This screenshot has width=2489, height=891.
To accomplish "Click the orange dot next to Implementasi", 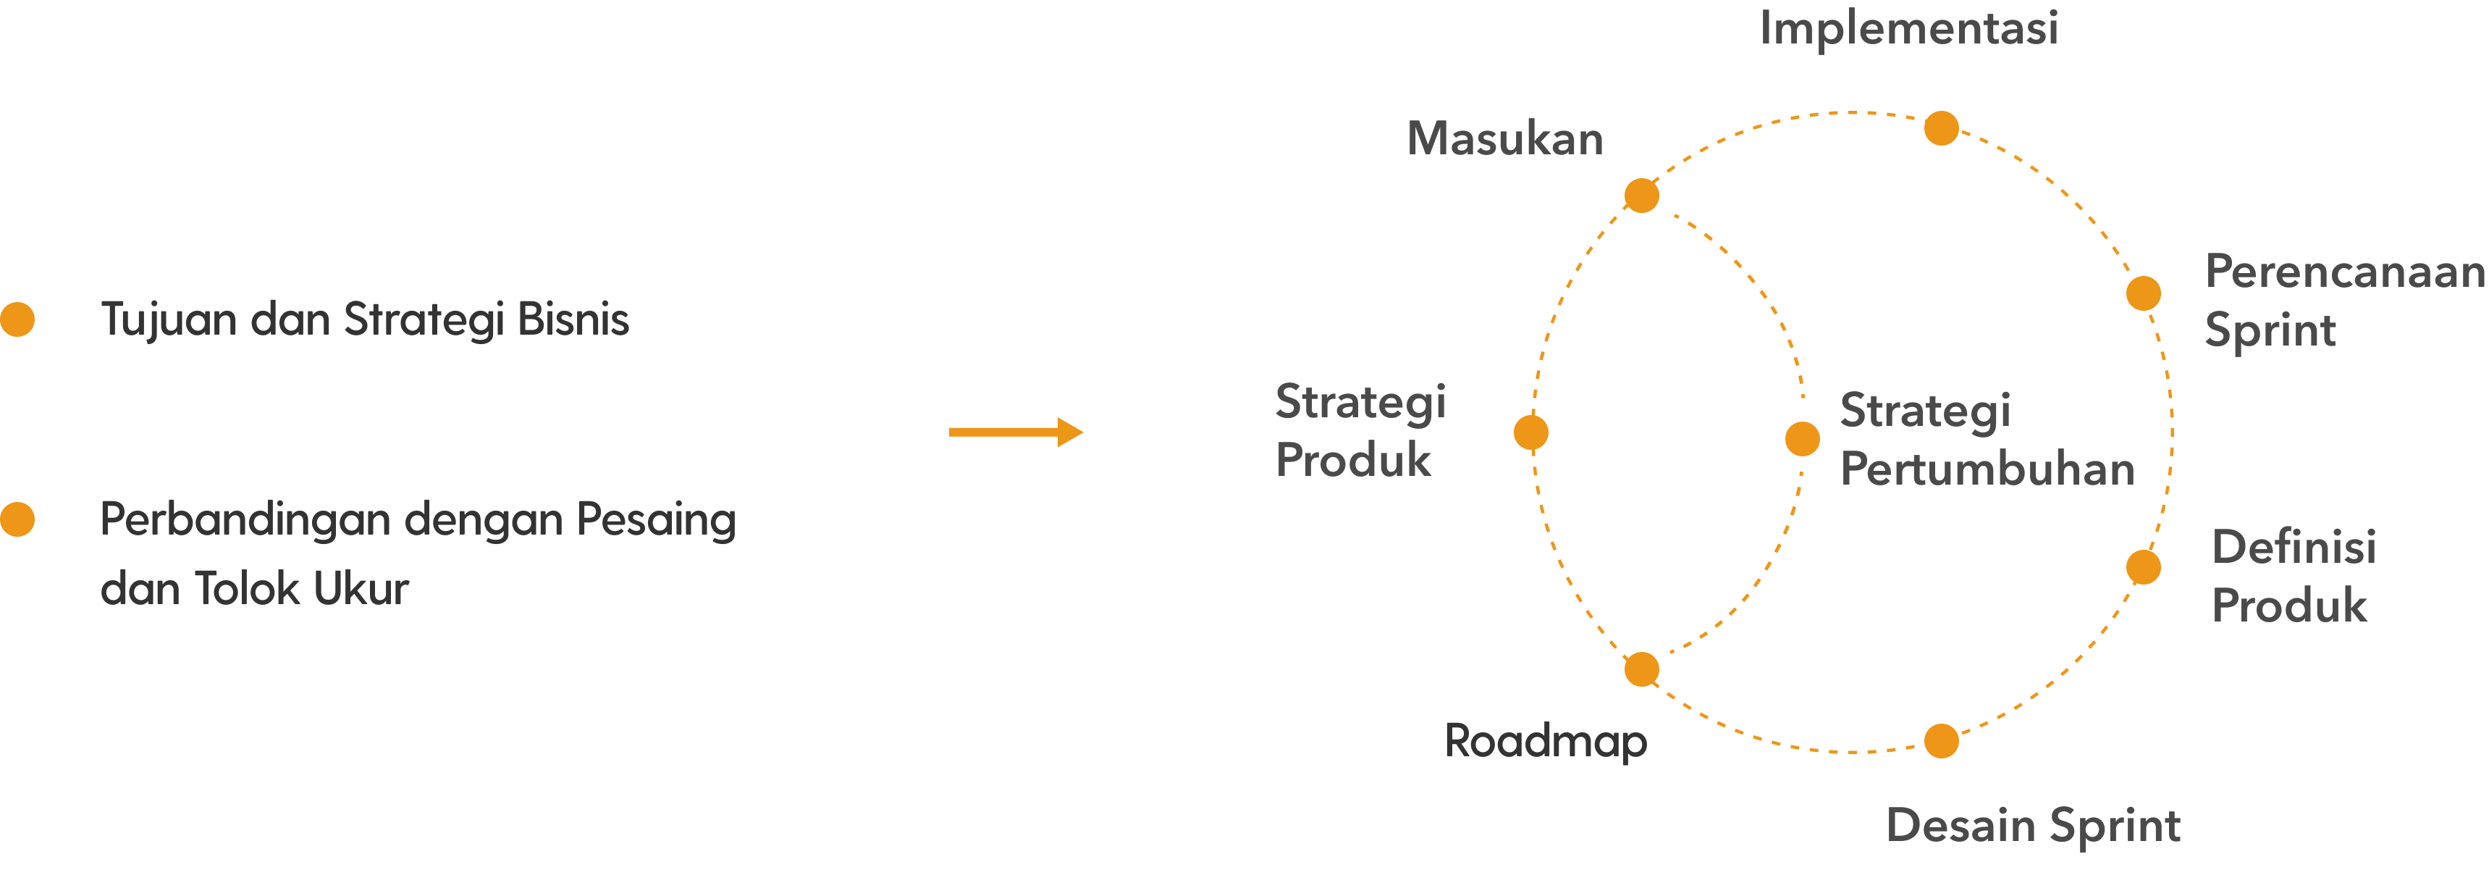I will pyautogui.click(x=1941, y=128).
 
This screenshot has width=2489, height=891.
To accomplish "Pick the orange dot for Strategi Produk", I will pyautogui.click(x=1530, y=433).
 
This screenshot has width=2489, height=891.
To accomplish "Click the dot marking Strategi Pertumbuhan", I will pyautogui.click(x=1802, y=439).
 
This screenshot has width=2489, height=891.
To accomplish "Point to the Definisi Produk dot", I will pyautogui.click(x=2143, y=567).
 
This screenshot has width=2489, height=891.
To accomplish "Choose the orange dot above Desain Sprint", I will pyautogui.click(x=1941, y=741).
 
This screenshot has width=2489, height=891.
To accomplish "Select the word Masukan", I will pyautogui.click(x=1504, y=138).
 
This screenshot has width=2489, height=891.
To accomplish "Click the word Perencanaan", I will pyautogui.click(x=2344, y=272).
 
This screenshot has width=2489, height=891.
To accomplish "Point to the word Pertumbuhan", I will pyautogui.click(x=1987, y=469).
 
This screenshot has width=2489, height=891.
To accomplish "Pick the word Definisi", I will pyautogui.click(x=2294, y=547).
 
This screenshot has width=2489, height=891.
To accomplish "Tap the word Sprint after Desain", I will pyautogui.click(x=2114, y=825).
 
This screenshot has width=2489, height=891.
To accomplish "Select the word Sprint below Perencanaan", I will pyautogui.click(x=2270, y=330).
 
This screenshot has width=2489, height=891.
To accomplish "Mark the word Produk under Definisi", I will pyautogui.click(x=2289, y=606).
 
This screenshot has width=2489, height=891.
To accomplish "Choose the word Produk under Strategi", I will pyautogui.click(x=1352, y=460).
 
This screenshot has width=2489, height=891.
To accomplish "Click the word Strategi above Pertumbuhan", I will pyautogui.click(x=1925, y=411).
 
